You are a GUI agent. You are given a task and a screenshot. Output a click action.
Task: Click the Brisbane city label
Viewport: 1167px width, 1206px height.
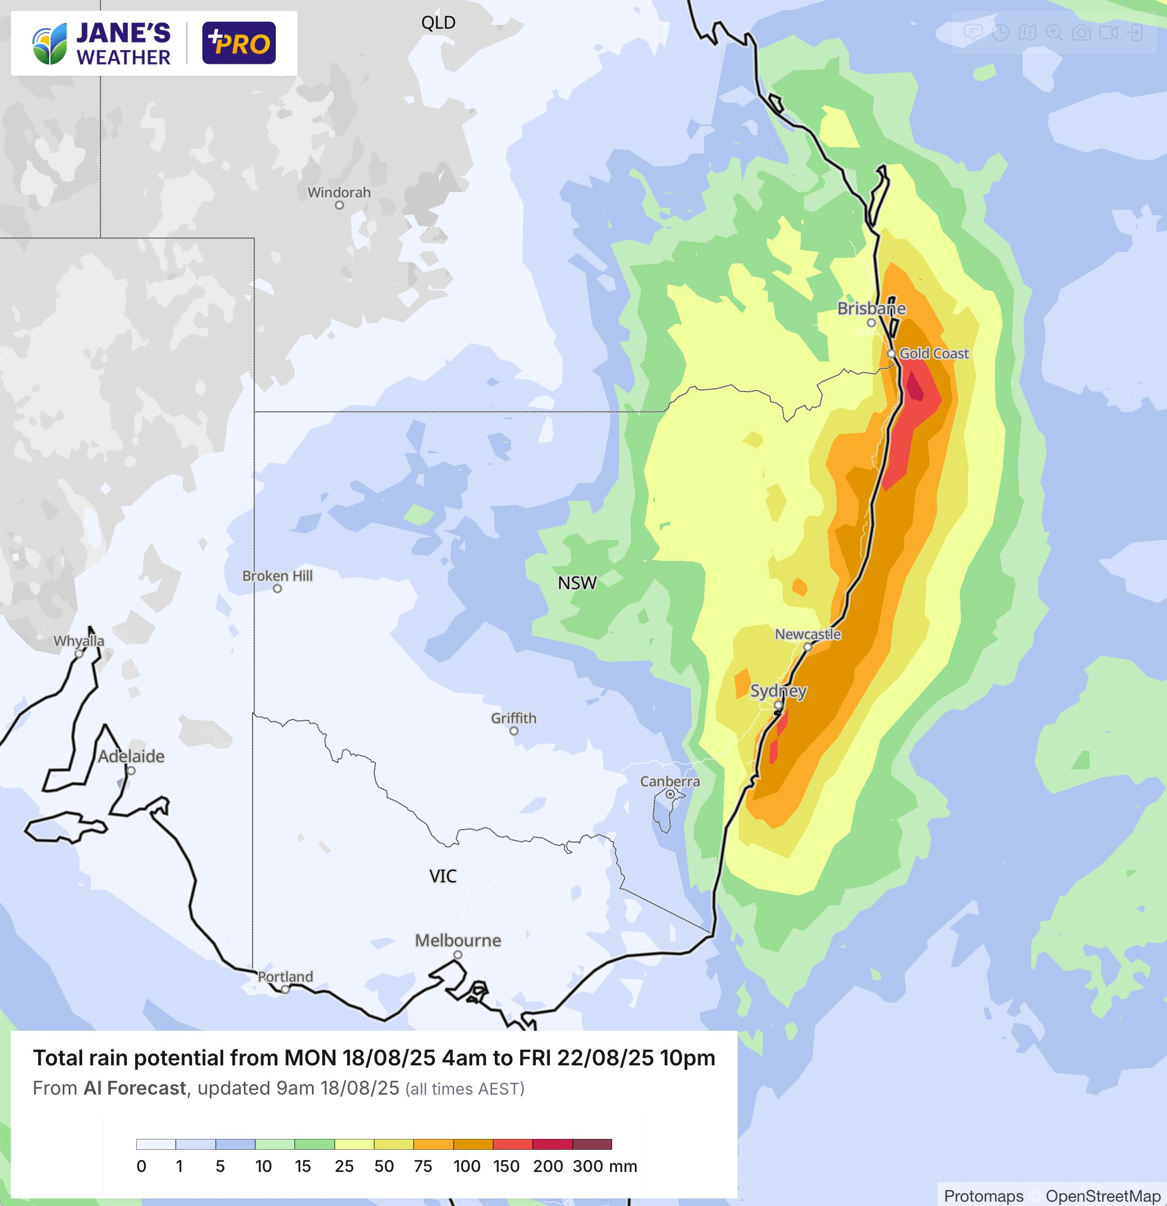[x=871, y=308]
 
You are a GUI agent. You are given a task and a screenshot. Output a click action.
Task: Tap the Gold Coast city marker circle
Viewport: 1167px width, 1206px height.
[x=891, y=354]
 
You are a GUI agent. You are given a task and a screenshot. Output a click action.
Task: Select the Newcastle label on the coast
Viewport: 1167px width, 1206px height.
[x=807, y=634]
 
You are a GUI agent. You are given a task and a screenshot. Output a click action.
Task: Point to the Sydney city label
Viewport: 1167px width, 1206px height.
[x=778, y=691]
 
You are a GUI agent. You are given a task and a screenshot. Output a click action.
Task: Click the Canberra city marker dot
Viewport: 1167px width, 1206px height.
[x=670, y=794]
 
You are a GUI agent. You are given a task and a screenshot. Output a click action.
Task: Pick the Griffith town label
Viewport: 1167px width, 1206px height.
[x=514, y=718]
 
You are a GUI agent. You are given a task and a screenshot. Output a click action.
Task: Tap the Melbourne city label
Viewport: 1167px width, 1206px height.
[x=457, y=940]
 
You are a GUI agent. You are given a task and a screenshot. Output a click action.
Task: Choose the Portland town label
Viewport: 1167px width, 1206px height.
[x=286, y=977]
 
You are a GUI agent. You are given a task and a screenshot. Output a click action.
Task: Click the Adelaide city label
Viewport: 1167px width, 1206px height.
[x=131, y=756]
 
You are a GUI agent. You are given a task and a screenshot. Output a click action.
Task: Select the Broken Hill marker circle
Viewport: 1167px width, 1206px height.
[x=277, y=589]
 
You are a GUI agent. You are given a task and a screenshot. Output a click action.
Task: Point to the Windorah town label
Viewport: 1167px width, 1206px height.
[x=339, y=193]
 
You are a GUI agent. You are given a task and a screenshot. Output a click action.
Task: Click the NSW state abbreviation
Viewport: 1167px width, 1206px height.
[x=577, y=582]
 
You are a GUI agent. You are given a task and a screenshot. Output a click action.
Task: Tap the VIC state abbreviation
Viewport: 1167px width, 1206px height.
[x=443, y=876]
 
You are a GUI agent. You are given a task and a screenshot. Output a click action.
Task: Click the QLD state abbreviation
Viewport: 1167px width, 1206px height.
[x=438, y=23]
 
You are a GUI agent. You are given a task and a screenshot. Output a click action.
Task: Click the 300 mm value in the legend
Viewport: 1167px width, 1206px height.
[x=587, y=1166]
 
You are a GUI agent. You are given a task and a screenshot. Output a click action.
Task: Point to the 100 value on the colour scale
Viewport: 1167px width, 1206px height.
[x=467, y=1166]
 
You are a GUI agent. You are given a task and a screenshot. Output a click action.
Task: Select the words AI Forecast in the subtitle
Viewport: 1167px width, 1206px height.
[x=135, y=1089]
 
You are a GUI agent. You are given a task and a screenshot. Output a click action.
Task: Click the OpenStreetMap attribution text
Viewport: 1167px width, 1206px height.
[x=1103, y=1196]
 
